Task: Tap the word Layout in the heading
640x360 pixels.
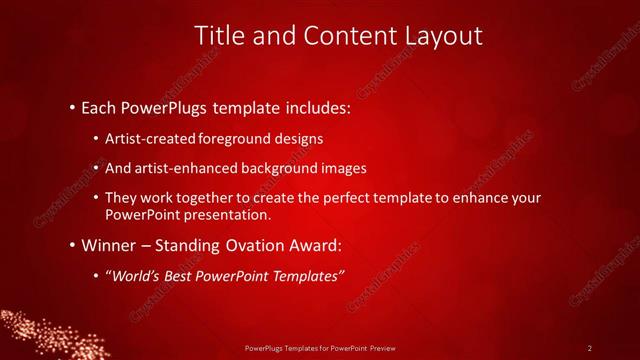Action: click(x=442, y=37)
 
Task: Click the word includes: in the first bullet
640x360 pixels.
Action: click(x=316, y=106)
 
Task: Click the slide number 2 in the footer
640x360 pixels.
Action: click(x=590, y=348)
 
